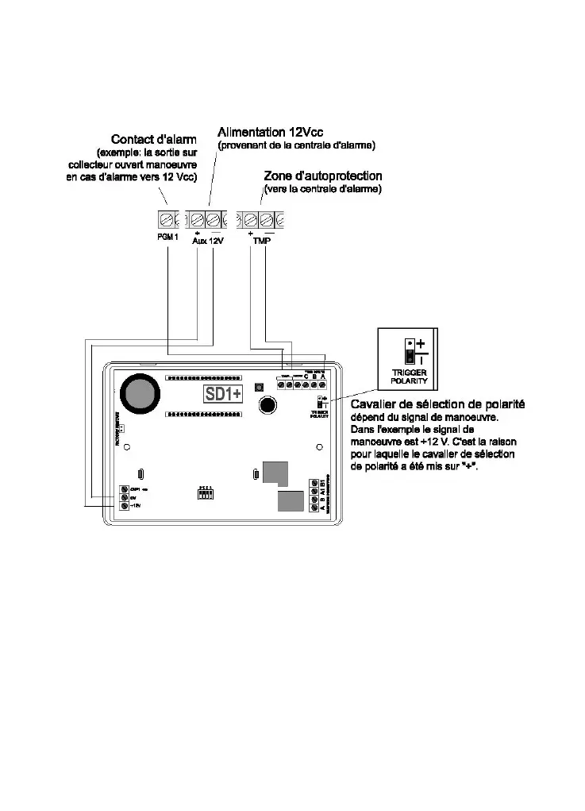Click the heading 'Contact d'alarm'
[153, 138]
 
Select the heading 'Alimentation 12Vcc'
[270, 131]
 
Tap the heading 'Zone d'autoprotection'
[322, 176]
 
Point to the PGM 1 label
[166, 238]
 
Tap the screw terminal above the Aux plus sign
[196, 218]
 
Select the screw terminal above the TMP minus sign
[267, 218]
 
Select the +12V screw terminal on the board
[125, 505]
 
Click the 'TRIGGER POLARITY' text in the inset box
[410, 376]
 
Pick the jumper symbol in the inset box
[410, 350]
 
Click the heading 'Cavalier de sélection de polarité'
[437, 405]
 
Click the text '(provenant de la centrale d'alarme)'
[296, 145]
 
